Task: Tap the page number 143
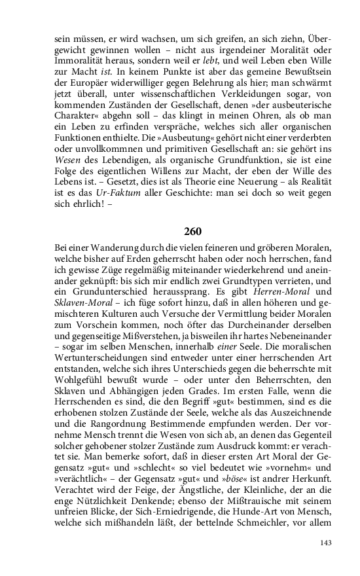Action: coord(326,543)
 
